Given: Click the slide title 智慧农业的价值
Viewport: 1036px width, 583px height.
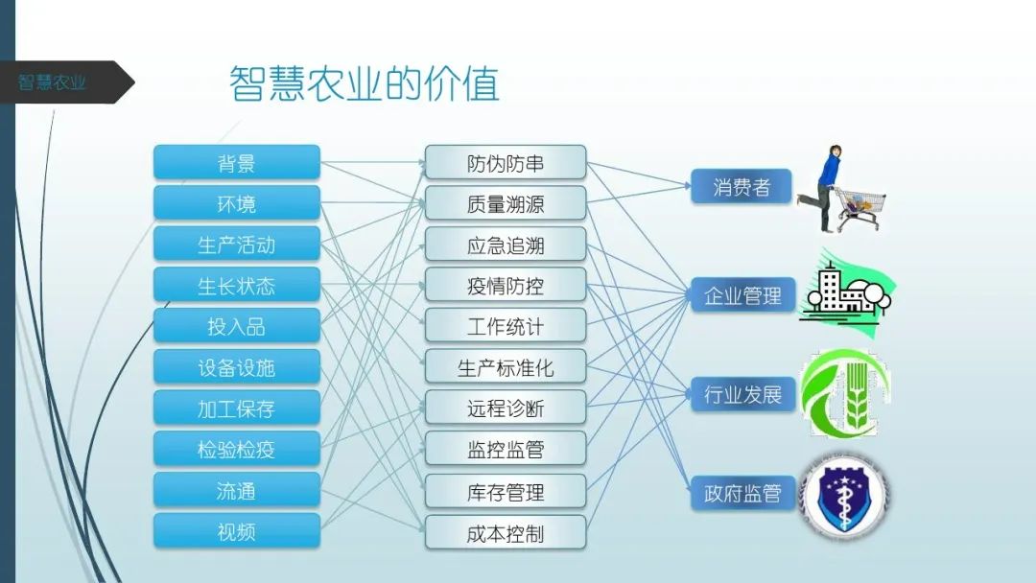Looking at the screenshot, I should (365, 84).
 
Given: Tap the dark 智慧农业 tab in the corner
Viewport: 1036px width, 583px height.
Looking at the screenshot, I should (58, 82).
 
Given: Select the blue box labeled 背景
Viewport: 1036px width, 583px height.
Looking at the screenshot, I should (236, 163).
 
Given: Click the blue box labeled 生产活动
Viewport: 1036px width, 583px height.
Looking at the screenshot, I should (236, 245).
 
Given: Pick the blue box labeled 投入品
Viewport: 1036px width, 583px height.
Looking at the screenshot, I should (236, 326).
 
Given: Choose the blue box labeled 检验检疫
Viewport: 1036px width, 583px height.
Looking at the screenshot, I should (236, 449).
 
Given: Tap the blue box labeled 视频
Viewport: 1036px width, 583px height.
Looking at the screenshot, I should (236, 530).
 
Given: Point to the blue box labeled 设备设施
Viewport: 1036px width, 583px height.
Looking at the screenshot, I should (236, 367).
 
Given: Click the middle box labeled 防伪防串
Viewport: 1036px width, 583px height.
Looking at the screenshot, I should (506, 163).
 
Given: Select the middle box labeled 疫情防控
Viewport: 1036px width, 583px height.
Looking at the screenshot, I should (506, 286).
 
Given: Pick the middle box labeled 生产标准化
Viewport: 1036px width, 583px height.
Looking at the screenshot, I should (506, 367).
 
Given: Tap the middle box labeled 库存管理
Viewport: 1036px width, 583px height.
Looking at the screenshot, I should (506, 492).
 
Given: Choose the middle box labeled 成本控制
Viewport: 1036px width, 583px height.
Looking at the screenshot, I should (506, 533).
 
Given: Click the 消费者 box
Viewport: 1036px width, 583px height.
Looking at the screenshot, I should (742, 187).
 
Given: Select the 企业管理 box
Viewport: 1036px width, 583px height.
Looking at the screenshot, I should (742, 295).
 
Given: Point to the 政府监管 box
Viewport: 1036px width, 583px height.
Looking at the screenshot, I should (742, 494).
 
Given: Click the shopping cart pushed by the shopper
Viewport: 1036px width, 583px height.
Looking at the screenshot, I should (859, 206).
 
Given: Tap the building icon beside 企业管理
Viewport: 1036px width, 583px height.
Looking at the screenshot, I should (844, 290).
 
